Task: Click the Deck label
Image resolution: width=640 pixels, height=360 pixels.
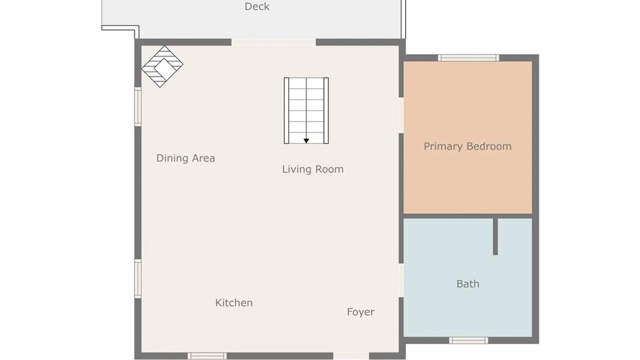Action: tap(257, 6)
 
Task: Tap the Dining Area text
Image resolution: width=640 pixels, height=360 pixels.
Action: tap(186, 158)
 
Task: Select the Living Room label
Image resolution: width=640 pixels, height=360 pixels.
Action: tap(313, 169)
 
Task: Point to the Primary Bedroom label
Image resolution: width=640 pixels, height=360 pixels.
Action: tap(467, 146)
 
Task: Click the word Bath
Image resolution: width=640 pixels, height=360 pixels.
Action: tap(468, 284)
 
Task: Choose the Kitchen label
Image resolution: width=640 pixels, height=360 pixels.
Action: tap(234, 303)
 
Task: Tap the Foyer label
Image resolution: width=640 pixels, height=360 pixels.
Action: tap(361, 312)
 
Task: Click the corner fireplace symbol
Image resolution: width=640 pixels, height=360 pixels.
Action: tap(162, 66)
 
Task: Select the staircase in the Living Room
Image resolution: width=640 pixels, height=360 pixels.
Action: tap(306, 111)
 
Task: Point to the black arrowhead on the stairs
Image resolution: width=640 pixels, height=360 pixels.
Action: tap(306, 141)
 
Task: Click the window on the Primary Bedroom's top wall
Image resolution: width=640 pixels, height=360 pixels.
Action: tap(468, 58)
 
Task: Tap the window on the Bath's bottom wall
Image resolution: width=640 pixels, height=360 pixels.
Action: tap(468, 340)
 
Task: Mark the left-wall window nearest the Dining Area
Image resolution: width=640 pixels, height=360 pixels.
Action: tap(138, 107)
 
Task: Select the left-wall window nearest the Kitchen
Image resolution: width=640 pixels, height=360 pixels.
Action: tap(138, 279)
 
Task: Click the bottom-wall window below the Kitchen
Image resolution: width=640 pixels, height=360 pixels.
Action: tap(207, 356)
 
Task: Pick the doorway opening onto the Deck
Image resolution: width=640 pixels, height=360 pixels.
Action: tap(274, 42)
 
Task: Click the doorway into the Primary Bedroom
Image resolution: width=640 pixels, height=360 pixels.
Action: tap(401, 115)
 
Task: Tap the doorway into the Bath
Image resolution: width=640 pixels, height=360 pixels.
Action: tap(401, 280)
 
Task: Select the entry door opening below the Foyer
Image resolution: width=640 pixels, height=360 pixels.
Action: tap(351, 356)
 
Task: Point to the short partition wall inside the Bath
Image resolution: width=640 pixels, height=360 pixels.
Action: tap(495, 237)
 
